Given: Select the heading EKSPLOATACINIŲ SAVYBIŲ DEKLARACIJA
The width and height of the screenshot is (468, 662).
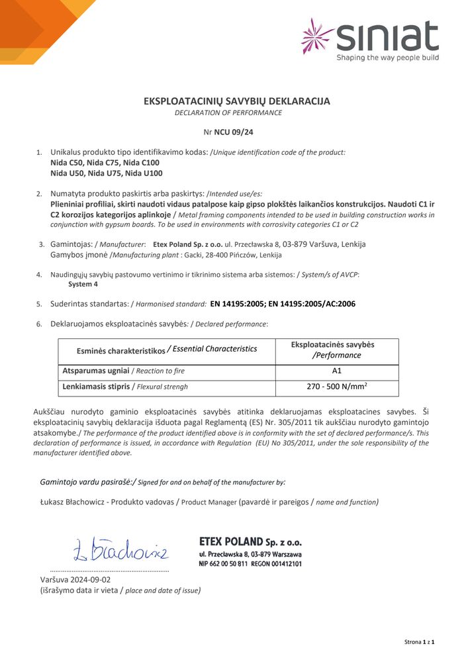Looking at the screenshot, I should tap(237, 101).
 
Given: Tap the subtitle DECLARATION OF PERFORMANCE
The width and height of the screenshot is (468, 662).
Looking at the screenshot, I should tap(228, 113).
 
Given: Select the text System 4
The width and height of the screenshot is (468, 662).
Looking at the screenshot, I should tap(83, 284).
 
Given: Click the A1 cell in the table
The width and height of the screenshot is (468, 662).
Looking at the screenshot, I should tap(336, 371).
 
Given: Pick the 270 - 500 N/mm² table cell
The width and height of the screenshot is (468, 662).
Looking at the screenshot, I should tap(336, 387).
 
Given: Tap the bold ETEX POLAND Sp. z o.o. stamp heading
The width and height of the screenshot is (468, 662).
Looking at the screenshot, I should tap(250, 542).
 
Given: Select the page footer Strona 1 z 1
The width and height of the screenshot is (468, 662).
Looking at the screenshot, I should tap(419, 642).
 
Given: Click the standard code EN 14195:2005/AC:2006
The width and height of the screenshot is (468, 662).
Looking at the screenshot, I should tap(312, 304).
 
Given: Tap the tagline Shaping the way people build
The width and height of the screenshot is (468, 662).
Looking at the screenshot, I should tap(387, 58).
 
